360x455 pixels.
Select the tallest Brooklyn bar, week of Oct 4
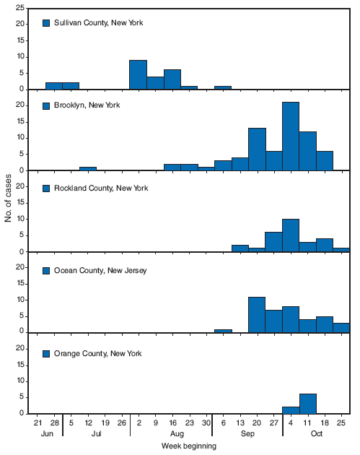[x=291, y=136]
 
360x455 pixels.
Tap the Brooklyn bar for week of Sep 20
[x=257, y=149]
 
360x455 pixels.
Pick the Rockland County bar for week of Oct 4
[x=291, y=235]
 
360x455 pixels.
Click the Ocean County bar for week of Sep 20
[x=257, y=315]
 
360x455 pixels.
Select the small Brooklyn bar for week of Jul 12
[x=88, y=169]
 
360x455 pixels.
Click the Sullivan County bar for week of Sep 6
[x=223, y=87]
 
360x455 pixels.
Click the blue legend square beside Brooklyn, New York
[x=47, y=105]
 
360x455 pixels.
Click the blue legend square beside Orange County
[x=47, y=354]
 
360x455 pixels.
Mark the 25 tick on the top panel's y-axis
[x=23, y=8]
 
